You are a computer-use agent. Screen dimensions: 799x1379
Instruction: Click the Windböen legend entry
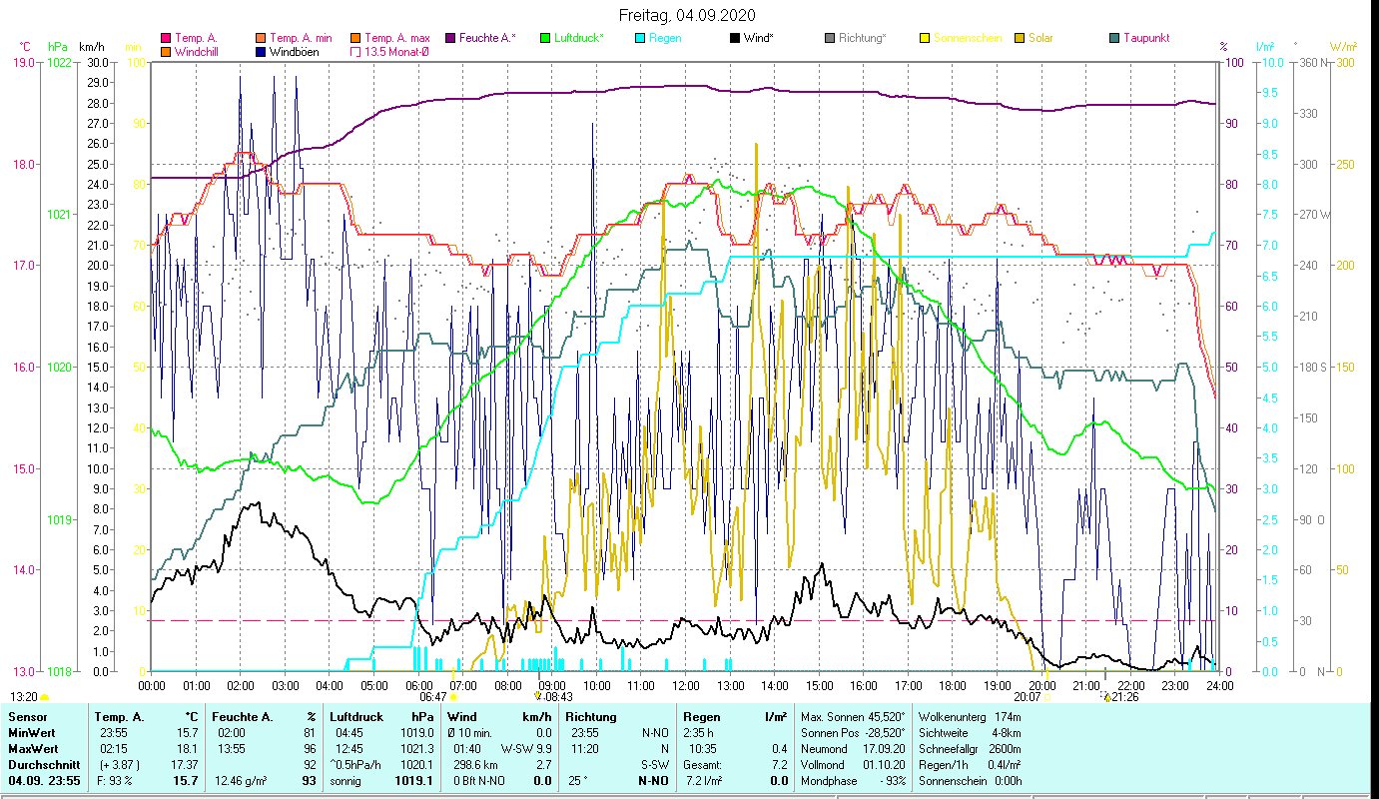point(295,51)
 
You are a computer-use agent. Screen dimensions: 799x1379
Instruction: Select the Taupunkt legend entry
point(1145,38)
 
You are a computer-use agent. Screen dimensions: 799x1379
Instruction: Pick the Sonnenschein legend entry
point(973,38)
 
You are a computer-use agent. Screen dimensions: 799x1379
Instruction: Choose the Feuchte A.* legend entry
point(487,38)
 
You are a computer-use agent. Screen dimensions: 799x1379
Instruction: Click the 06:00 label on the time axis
point(419,686)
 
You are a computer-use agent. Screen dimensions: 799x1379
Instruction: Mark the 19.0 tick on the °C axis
point(24,62)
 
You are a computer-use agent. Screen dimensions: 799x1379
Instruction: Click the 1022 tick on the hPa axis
point(59,62)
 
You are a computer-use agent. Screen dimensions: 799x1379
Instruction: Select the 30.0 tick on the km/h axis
point(98,62)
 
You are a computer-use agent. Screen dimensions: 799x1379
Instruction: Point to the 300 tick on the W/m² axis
point(1344,62)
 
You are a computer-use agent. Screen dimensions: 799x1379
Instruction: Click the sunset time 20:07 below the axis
point(1027,697)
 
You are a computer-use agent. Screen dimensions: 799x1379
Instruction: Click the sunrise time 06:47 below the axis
point(432,697)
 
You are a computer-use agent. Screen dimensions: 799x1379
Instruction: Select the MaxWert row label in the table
point(33,748)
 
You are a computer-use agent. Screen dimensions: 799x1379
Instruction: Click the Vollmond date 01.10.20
point(884,764)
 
